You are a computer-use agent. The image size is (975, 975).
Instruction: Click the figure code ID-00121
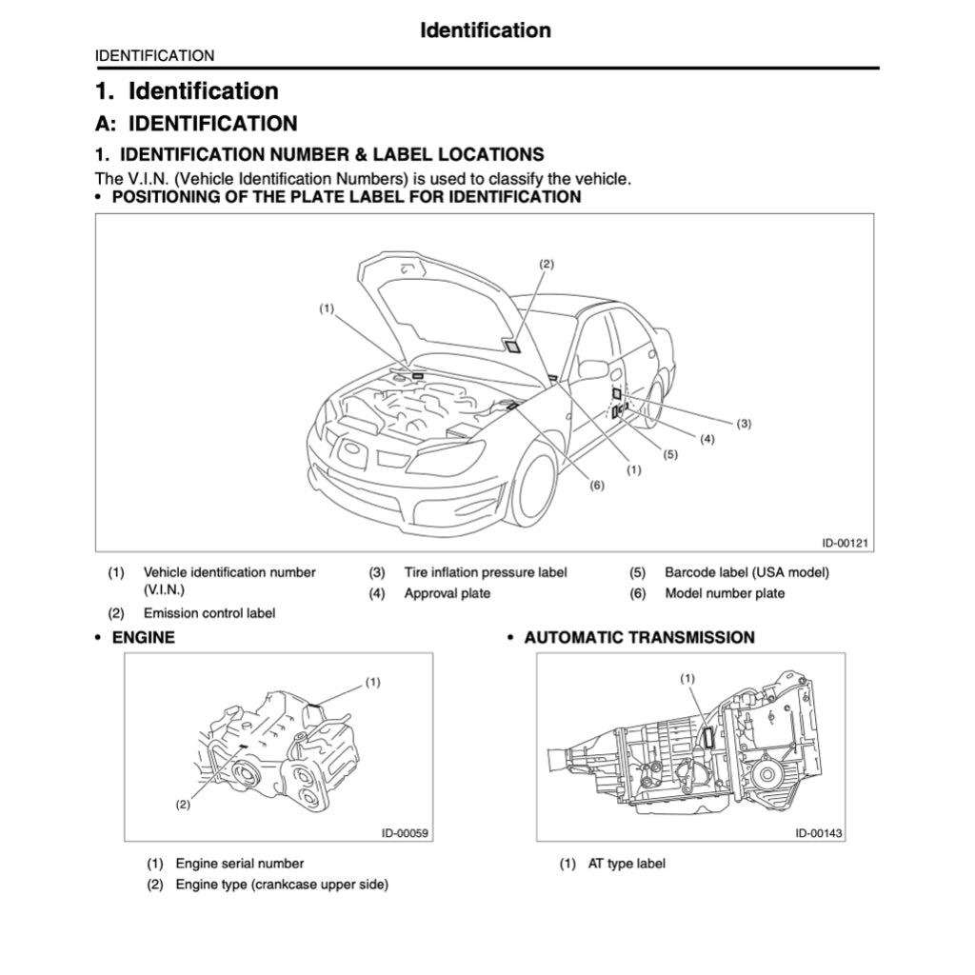(846, 543)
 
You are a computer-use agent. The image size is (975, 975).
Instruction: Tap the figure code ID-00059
(406, 833)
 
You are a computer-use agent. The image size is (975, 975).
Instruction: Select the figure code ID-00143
(819, 833)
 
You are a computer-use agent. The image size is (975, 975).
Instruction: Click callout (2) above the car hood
(546, 263)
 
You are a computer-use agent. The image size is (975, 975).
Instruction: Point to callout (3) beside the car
(744, 423)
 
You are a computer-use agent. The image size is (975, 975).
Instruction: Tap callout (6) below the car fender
(597, 485)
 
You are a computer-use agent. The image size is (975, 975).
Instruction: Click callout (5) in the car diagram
(670, 454)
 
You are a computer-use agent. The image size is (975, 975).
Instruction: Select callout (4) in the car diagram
(707, 439)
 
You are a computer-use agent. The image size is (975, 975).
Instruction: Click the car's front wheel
(533, 486)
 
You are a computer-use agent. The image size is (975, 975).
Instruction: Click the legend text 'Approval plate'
(447, 593)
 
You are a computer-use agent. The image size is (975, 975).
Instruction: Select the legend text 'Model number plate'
(725, 593)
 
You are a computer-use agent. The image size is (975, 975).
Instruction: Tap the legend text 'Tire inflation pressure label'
(485, 572)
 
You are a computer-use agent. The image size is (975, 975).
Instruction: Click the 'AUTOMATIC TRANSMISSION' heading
(639, 637)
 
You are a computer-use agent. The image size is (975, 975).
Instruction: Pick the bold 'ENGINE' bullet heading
(143, 637)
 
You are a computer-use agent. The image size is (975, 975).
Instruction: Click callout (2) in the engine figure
(183, 805)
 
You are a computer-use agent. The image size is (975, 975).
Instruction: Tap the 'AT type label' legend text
(627, 864)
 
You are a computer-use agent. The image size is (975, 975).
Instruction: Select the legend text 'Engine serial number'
(239, 864)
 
